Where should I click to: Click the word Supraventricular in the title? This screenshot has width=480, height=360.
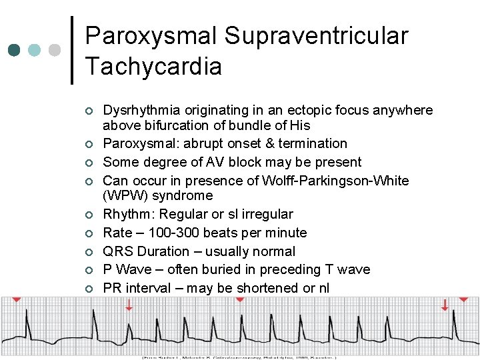[316, 37]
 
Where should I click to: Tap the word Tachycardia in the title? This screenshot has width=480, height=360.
[153, 67]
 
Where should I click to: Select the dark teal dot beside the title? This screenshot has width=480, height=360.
[15, 50]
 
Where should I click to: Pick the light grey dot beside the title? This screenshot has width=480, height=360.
[55, 50]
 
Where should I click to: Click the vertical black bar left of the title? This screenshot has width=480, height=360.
[72, 50]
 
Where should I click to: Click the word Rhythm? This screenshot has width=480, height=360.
[127, 214]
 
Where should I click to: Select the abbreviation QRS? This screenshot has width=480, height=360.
[117, 251]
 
